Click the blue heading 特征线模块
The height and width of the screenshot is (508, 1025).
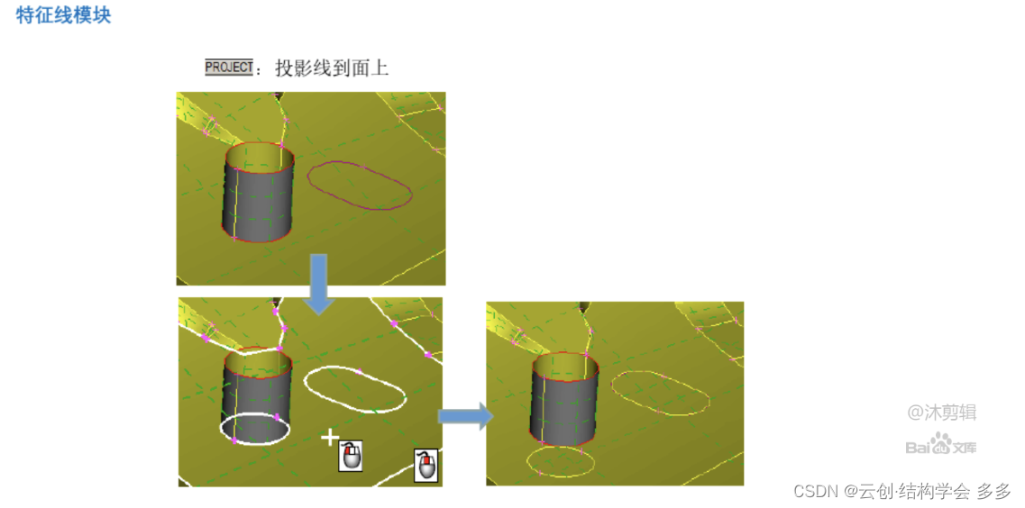pos(63,15)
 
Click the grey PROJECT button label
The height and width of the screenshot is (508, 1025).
pos(229,68)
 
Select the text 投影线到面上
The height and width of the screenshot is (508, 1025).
pos(332,68)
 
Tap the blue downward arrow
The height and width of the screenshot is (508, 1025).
pos(318,284)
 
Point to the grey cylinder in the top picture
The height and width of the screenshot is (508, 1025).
pos(258,193)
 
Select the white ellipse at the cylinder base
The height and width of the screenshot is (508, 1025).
pos(255,444)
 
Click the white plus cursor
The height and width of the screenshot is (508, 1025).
pos(330,437)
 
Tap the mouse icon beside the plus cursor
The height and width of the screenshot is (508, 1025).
pos(351,456)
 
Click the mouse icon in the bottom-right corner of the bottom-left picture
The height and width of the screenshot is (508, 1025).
pos(426,466)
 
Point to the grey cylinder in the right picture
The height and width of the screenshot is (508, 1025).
pos(565,398)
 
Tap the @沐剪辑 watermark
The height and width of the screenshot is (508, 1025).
pos(941,412)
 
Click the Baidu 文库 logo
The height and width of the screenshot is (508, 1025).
pos(940,445)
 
